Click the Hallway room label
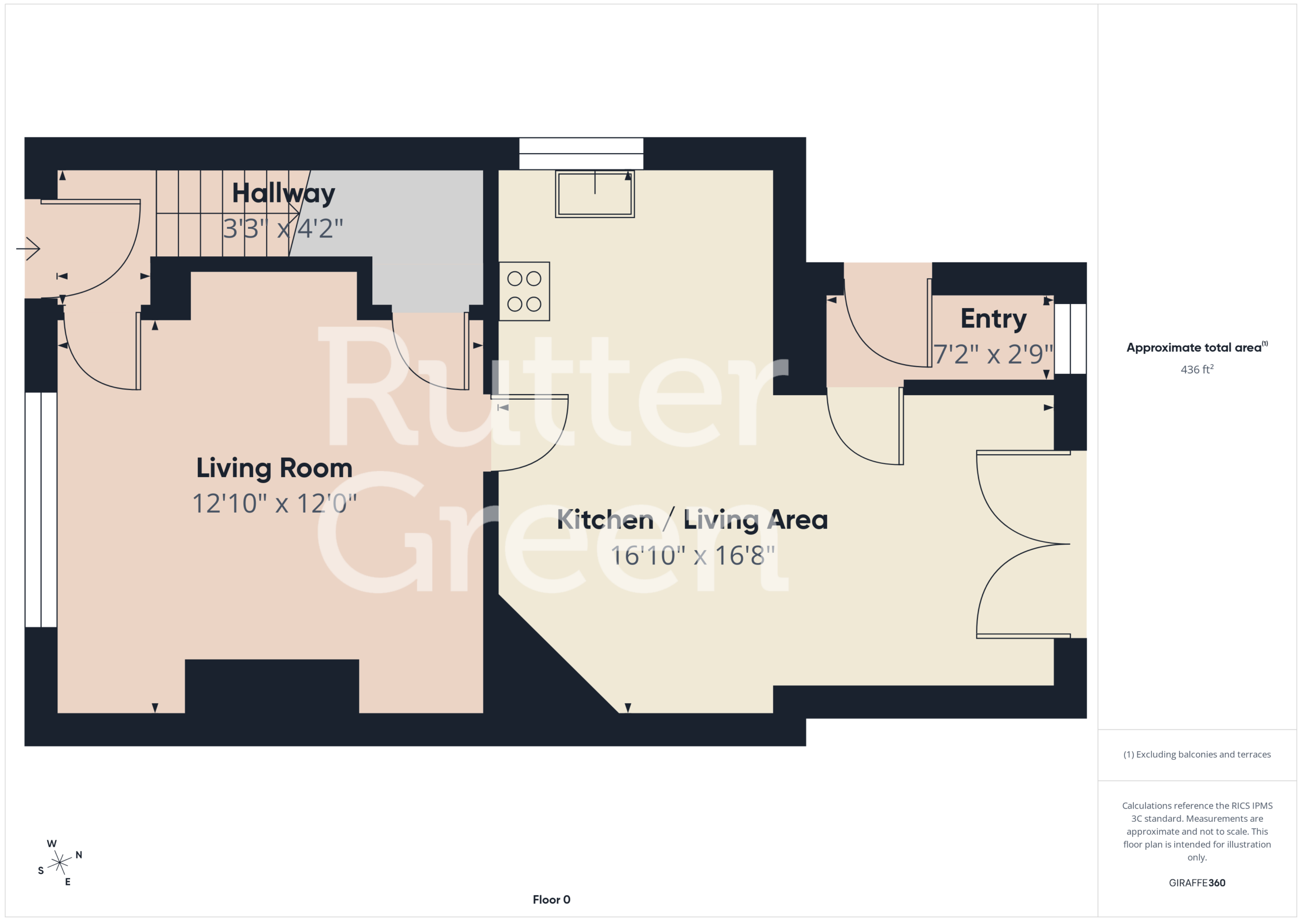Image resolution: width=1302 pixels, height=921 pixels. click(x=283, y=194)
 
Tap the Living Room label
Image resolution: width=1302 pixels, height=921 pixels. click(x=275, y=469)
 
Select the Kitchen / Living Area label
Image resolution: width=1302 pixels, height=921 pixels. click(x=692, y=520)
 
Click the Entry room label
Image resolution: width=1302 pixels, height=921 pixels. click(x=993, y=319)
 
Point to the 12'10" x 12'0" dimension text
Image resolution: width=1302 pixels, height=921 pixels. click(x=275, y=503)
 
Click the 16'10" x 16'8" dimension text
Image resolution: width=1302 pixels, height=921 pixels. click(x=692, y=556)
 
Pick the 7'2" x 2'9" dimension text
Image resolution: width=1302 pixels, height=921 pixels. click(x=993, y=354)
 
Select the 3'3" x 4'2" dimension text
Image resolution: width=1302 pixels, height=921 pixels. click(x=283, y=228)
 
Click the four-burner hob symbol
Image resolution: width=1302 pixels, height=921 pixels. click(x=524, y=291)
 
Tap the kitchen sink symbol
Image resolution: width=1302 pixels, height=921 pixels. click(x=595, y=194)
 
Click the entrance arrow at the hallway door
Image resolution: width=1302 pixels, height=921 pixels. click(x=28, y=248)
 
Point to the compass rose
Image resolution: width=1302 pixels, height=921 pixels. click(x=60, y=863)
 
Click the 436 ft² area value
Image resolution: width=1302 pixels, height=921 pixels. click(x=1197, y=370)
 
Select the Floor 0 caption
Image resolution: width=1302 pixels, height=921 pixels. click(x=551, y=900)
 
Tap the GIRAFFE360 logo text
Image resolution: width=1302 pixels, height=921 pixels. click(x=1197, y=883)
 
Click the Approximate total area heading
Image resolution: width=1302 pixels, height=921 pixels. click(x=1197, y=347)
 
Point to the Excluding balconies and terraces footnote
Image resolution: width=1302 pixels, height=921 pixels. click(x=1197, y=754)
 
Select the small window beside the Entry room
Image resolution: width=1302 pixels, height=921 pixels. click(x=1070, y=339)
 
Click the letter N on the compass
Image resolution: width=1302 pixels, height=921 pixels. click(x=79, y=855)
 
